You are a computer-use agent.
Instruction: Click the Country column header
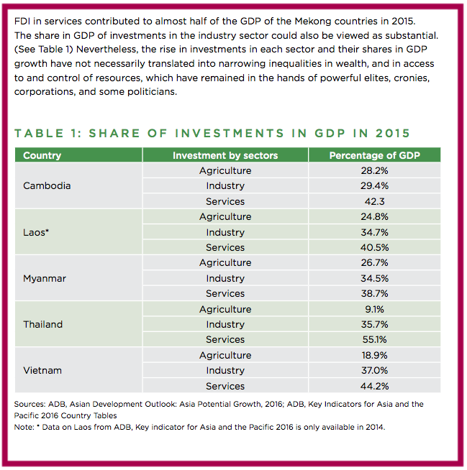42,155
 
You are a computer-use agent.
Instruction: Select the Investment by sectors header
225,155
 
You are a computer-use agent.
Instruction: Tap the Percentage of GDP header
375,155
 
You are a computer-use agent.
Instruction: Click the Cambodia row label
47,186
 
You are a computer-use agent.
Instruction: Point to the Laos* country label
36,232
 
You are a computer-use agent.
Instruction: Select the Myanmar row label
45,278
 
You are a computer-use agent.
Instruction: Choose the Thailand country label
43,324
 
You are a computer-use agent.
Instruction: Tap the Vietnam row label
42,371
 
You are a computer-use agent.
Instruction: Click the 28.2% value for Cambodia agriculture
375,170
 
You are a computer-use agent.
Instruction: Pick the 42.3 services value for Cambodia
375,201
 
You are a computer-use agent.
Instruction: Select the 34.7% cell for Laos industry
375,232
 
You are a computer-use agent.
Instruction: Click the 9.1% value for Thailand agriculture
375,309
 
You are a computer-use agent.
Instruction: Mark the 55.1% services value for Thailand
375,340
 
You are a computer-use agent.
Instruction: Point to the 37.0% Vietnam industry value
375,371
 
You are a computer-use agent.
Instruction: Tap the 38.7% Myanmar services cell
375,293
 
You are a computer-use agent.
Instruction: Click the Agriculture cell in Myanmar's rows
225,262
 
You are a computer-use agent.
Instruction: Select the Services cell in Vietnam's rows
225,386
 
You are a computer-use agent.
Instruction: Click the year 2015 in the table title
393,133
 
